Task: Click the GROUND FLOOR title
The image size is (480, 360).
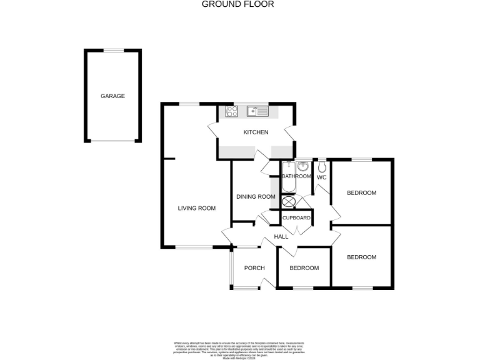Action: pyautogui.click(x=237, y=4)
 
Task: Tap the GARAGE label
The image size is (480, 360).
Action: pyautogui.click(x=113, y=96)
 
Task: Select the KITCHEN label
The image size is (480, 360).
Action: pyautogui.click(x=256, y=132)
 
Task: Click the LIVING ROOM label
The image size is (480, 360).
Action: pyautogui.click(x=197, y=209)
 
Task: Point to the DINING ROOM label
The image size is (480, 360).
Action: pyautogui.click(x=256, y=197)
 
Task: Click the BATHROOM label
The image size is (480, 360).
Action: pyautogui.click(x=296, y=177)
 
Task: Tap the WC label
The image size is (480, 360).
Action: pyautogui.click(x=321, y=177)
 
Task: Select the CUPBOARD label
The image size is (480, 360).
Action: pyautogui.click(x=296, y=218)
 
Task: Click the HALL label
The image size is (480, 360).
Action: pyautogui.click(x=281, y=237)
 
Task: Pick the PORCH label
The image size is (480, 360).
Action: pyautogui.click(x=254, y=268)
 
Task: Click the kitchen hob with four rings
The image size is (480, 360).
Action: pyautogui.click(x=232, y=111)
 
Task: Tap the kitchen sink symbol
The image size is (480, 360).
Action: pyautogui.click(x=257, y=111)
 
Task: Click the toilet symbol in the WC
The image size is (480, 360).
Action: pyautogui.click(x=321, y=167)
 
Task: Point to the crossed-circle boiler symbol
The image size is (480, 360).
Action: pyautogui.click(x=288, y=202)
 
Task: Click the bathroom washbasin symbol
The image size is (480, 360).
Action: pyautogui.click(x=303, y=167)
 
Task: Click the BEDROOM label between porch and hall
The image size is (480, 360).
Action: pyautogui.click(x=304, y=268)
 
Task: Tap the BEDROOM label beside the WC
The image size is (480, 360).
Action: pyautogui.click(x=362, y=193)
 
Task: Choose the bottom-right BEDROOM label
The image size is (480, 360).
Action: pyautogui.click(x=362, y=257)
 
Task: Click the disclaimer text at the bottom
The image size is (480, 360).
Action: pyautogui.click(x=239, y=349)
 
